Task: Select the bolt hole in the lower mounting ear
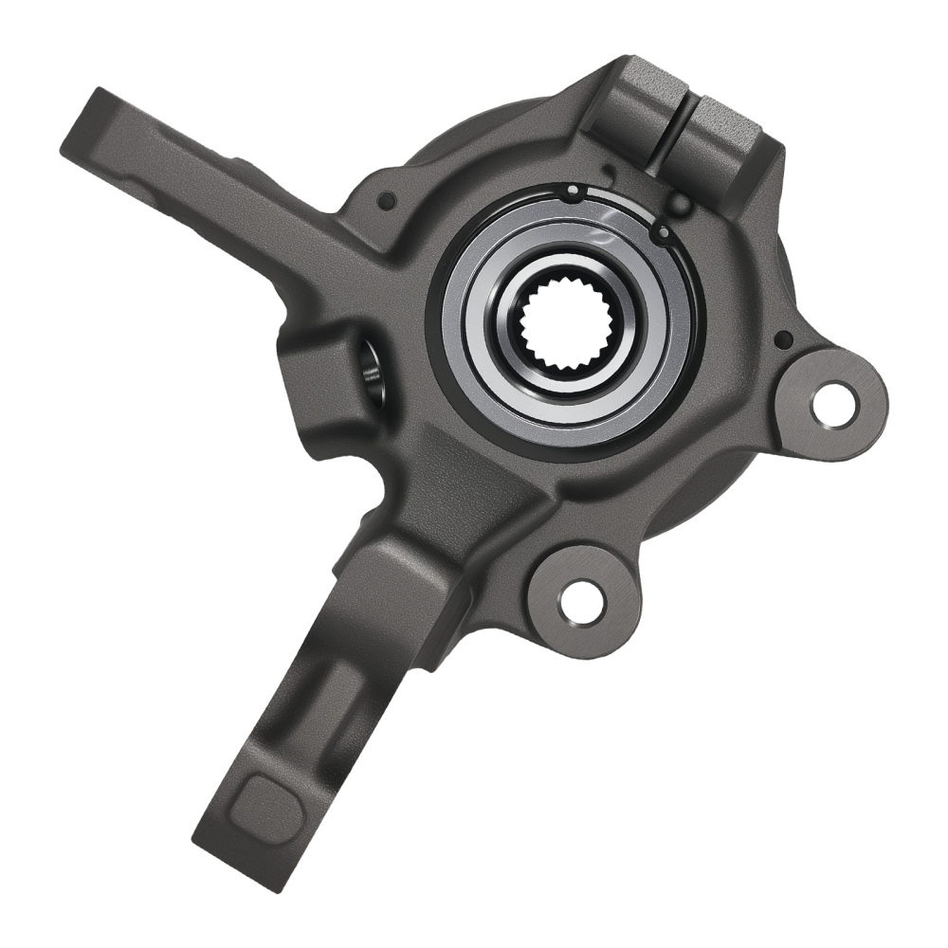coord(581,601)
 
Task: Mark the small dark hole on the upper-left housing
coord(386,201)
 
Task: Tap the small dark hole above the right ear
coord(783,338)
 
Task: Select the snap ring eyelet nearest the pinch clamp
coord(662,230)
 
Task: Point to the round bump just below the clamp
coord(679,202)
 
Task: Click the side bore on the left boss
coord(372,373)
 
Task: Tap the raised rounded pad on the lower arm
coord(267,803)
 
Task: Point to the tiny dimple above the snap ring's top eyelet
coord(608,171)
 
